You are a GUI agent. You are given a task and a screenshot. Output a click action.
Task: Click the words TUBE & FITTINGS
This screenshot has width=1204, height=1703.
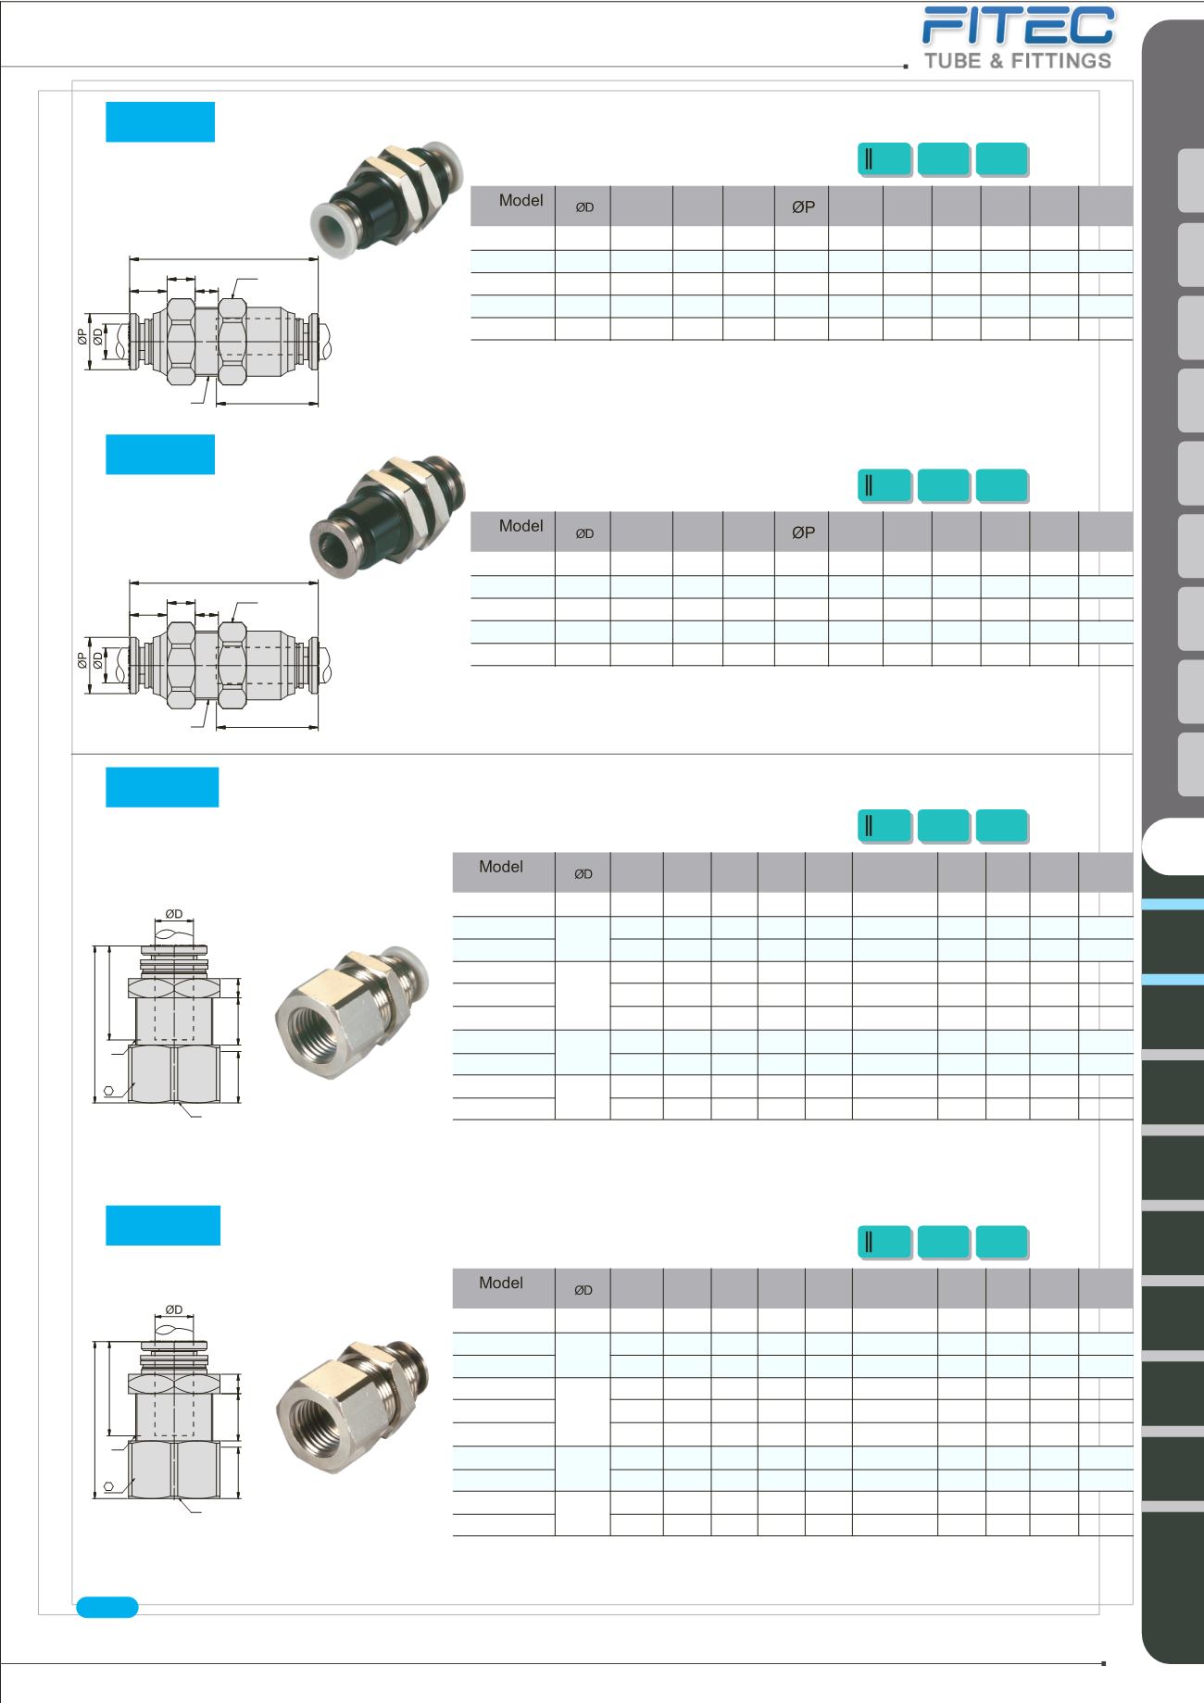click(x=1018, y=61)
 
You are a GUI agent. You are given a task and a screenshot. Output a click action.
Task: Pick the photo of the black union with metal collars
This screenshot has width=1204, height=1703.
click(x=387, y=514)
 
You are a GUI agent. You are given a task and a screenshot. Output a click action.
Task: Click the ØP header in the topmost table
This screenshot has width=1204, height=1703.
click(x=803, y=207)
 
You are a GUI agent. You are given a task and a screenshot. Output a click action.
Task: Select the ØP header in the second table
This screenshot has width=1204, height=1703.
click(x=803, y=533)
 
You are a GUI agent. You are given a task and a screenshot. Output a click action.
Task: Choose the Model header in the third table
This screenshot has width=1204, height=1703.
click(x=501, y=867)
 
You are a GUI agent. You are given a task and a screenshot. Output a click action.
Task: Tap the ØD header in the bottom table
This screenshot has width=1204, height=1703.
click(x=583, y=1290)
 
